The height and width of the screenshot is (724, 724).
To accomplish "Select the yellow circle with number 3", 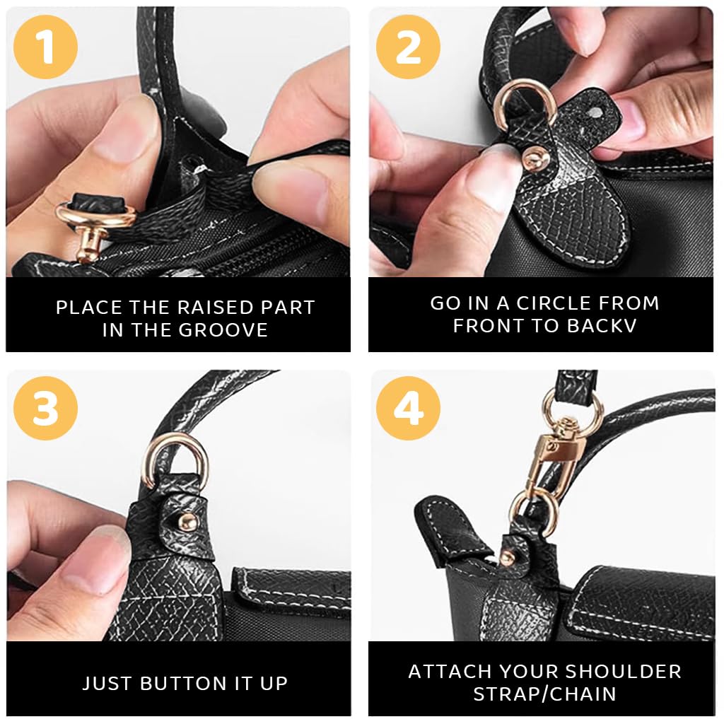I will click(x=45, y=409).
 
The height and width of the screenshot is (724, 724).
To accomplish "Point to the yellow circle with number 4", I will click(x=408, y=409).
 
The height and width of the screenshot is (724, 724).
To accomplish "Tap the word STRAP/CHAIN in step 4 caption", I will click(x=544, y=694).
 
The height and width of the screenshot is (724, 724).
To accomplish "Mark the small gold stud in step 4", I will click(x=507, y=558).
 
